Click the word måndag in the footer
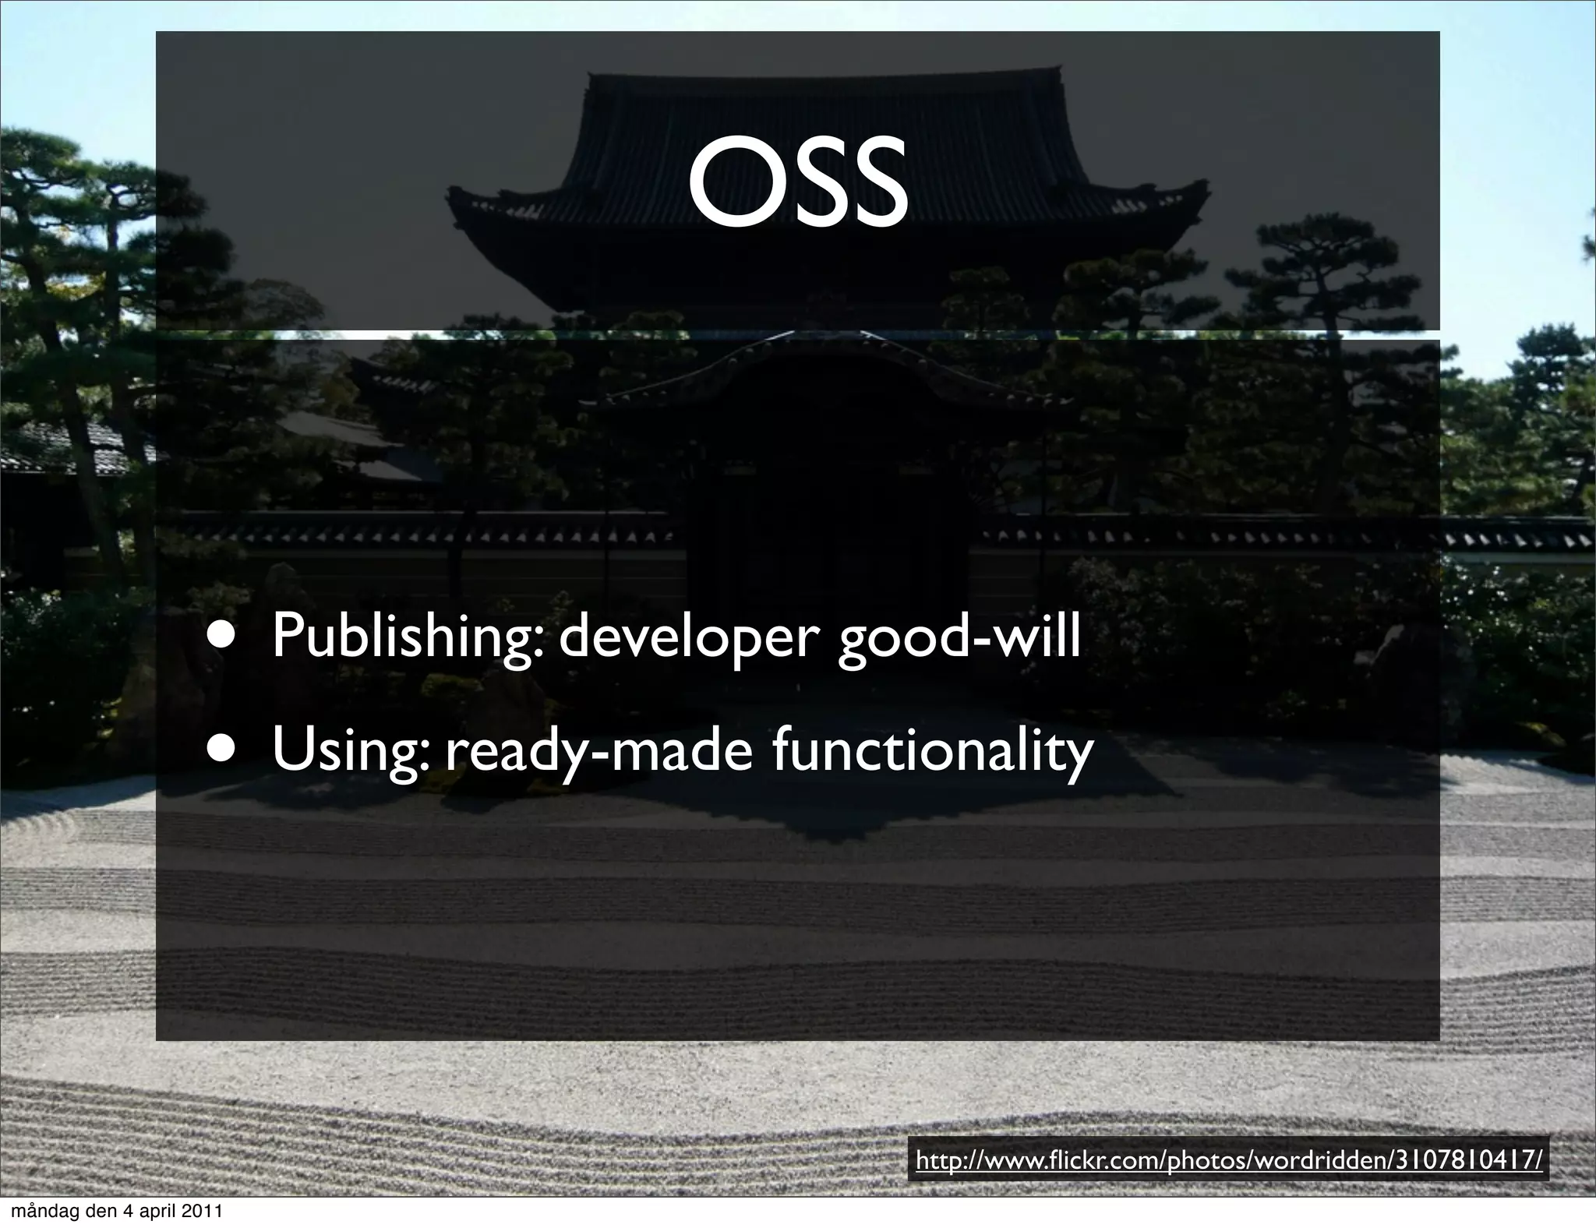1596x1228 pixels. [41, 1212]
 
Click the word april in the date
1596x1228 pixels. [160, 1212]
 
